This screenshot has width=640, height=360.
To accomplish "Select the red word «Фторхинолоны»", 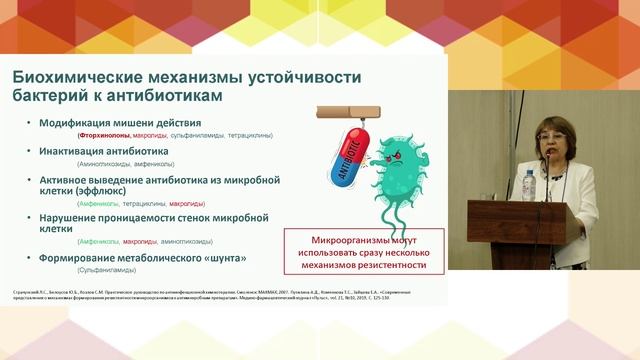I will click(x=103, y=135).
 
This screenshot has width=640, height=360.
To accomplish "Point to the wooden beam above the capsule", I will click(x=344, y=113).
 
